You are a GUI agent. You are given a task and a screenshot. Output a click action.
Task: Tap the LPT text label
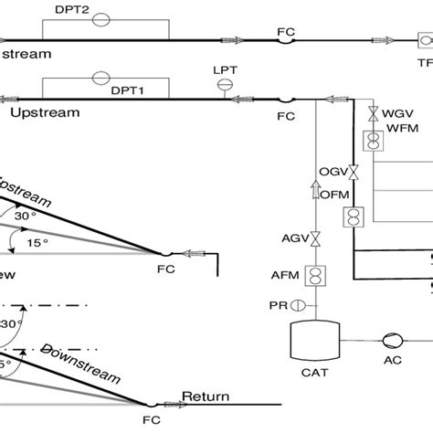223,70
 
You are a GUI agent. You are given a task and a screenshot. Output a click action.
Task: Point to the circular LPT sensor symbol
223,85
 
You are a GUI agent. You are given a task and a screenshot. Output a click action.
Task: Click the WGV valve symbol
373,113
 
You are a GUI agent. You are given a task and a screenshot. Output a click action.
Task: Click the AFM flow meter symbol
316,276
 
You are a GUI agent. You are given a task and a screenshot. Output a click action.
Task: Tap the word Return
206,397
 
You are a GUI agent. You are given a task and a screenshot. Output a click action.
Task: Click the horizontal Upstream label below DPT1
46,112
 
